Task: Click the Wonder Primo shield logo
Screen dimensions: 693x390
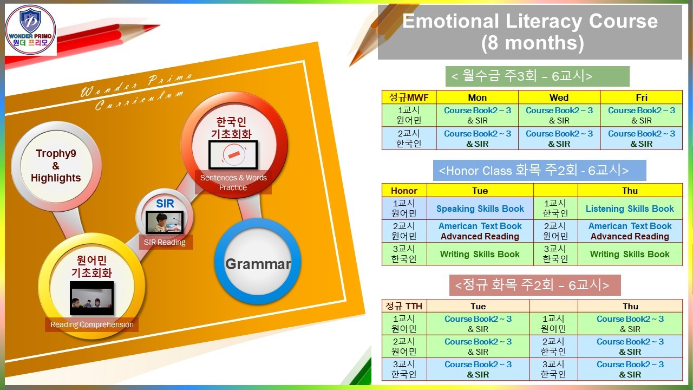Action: click(30, 29)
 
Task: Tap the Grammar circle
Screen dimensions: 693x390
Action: click(258, 262)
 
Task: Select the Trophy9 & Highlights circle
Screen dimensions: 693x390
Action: click(56, 166)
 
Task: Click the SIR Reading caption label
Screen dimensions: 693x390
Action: click(164, 242)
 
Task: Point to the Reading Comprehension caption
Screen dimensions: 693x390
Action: click(92, 324)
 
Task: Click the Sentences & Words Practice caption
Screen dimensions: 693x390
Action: click(233, 183)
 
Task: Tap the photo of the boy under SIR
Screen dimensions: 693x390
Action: click(164, 222)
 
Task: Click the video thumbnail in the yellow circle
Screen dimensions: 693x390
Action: click(91, 298)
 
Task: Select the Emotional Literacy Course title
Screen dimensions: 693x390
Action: click(530, 31)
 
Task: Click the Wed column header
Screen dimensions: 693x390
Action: click(559, 97)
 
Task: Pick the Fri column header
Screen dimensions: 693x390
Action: click(642, 97)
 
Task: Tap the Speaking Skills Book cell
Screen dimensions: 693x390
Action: click(480, 209)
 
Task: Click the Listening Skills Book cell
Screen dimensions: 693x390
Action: click(630, 209)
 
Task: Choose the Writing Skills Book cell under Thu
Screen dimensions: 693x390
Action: click(630, 254)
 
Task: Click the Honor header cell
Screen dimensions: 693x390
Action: click(404, 190)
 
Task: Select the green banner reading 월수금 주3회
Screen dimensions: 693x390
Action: click(538, 76)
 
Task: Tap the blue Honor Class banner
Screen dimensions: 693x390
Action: click(540, 170)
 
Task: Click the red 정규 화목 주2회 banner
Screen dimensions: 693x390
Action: click(535, 285)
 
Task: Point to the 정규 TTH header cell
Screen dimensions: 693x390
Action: click(404, 306)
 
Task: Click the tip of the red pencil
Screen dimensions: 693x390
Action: click(159, 25)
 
